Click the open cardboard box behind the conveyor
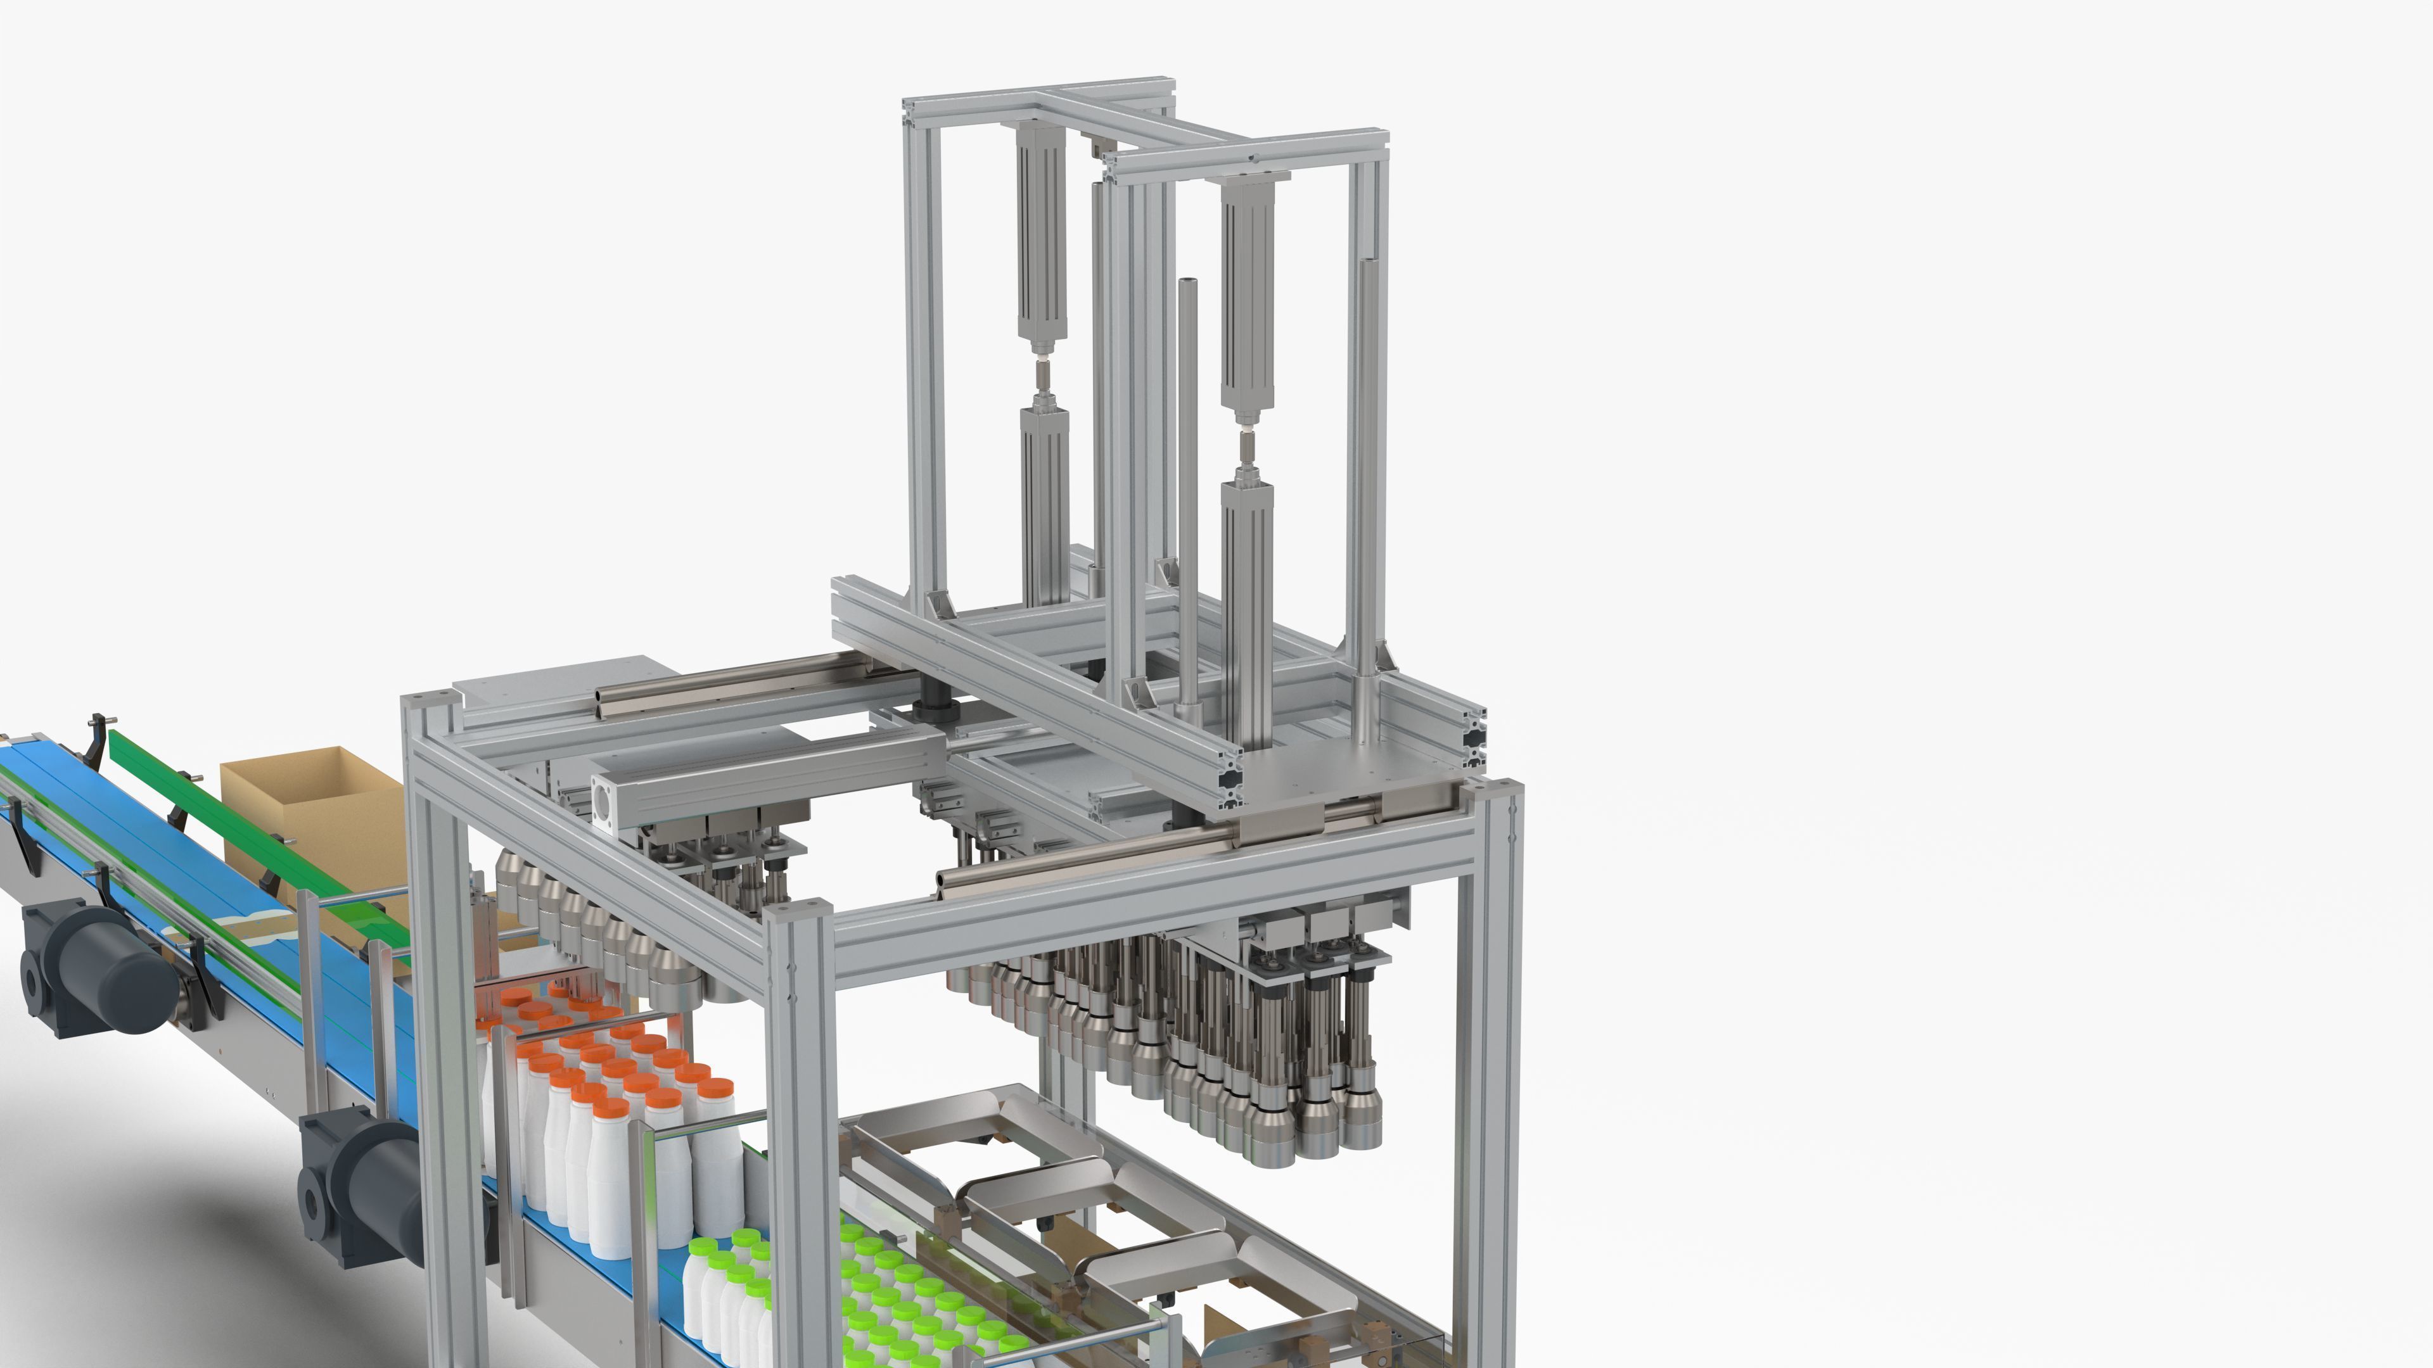312,802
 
